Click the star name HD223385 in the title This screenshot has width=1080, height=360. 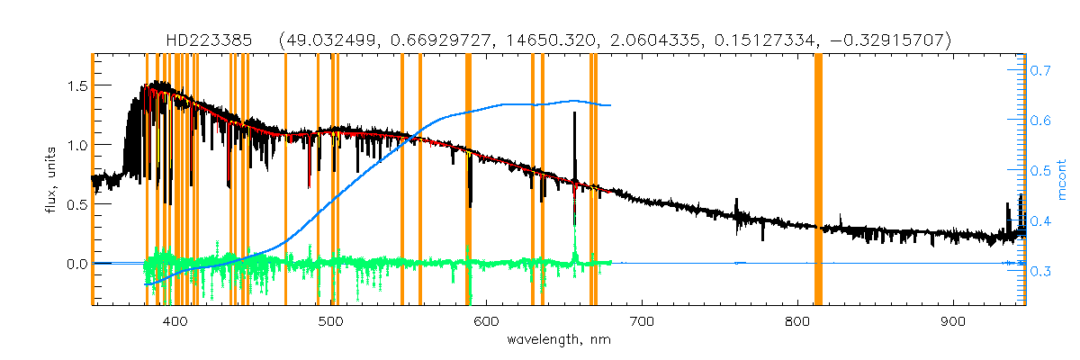(x=214, y=40)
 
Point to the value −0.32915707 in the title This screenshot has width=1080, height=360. (x=888, y=40)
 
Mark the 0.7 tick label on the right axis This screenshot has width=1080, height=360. (x=1040, y=69)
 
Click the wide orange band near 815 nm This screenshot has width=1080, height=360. (x=818, y=180)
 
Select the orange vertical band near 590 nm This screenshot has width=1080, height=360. (x=468, y=180)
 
